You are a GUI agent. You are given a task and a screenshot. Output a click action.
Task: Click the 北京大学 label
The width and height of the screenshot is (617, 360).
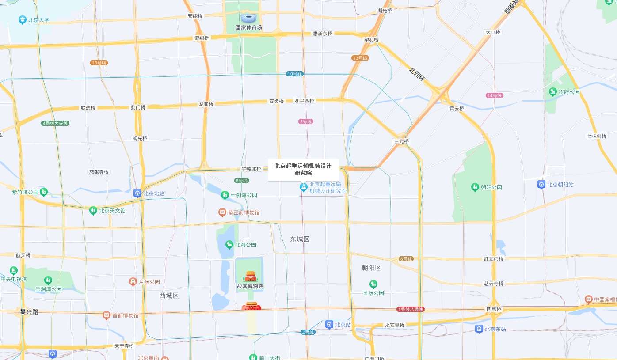[38, 20]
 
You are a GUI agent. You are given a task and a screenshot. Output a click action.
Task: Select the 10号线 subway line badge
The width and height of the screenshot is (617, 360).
[294, 74]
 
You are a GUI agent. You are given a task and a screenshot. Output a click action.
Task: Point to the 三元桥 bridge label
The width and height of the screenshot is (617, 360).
[402, 141]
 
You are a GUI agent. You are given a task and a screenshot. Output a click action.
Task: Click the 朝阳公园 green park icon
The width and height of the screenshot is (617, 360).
[475, 187]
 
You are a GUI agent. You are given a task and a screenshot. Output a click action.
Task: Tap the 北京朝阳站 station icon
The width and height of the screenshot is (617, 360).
[541, 185]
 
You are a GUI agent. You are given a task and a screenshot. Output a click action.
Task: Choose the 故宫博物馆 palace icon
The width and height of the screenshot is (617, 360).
[250, 277]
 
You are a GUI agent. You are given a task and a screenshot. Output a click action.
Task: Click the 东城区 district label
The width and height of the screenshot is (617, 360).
[300, 239]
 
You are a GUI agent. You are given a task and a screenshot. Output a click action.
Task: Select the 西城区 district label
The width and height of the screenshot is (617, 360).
[169, 296]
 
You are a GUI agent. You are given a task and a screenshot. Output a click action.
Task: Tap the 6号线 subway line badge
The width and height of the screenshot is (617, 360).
[406, 259]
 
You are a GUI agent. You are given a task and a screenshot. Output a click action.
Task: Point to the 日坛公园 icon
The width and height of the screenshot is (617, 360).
[373, 284]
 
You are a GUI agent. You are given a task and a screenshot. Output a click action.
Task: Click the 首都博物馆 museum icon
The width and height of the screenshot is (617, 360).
[106, 315]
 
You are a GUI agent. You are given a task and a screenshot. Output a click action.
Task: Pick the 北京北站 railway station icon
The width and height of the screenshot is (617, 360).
[137, 193]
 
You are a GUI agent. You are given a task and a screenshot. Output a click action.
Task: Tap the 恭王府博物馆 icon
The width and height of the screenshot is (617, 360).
[222, 212]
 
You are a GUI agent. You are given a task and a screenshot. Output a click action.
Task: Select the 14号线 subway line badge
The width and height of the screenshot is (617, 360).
[494, 95]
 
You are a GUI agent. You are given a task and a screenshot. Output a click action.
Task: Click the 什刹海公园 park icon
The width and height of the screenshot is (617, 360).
[225, 195]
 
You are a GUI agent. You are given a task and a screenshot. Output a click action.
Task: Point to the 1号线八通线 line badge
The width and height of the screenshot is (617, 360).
[411, 309]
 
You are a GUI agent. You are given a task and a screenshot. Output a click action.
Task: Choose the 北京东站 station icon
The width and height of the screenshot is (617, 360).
[479, 329]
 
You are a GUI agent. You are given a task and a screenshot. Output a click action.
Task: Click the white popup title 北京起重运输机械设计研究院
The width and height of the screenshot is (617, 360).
[303, 169]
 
